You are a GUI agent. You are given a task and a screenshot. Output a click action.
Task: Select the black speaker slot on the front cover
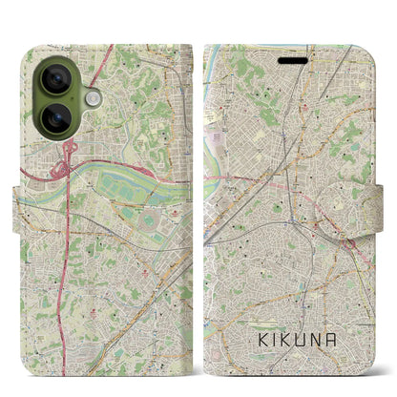[x=295, y=60]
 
